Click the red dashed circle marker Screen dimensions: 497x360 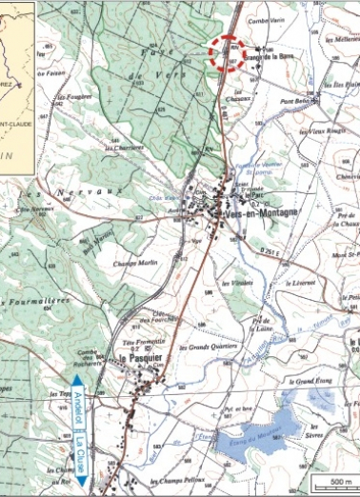(229, 53)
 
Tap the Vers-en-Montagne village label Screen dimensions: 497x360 (258, 215)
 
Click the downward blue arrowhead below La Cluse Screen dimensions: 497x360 (82, 483)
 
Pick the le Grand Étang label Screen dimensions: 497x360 (307, 382)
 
